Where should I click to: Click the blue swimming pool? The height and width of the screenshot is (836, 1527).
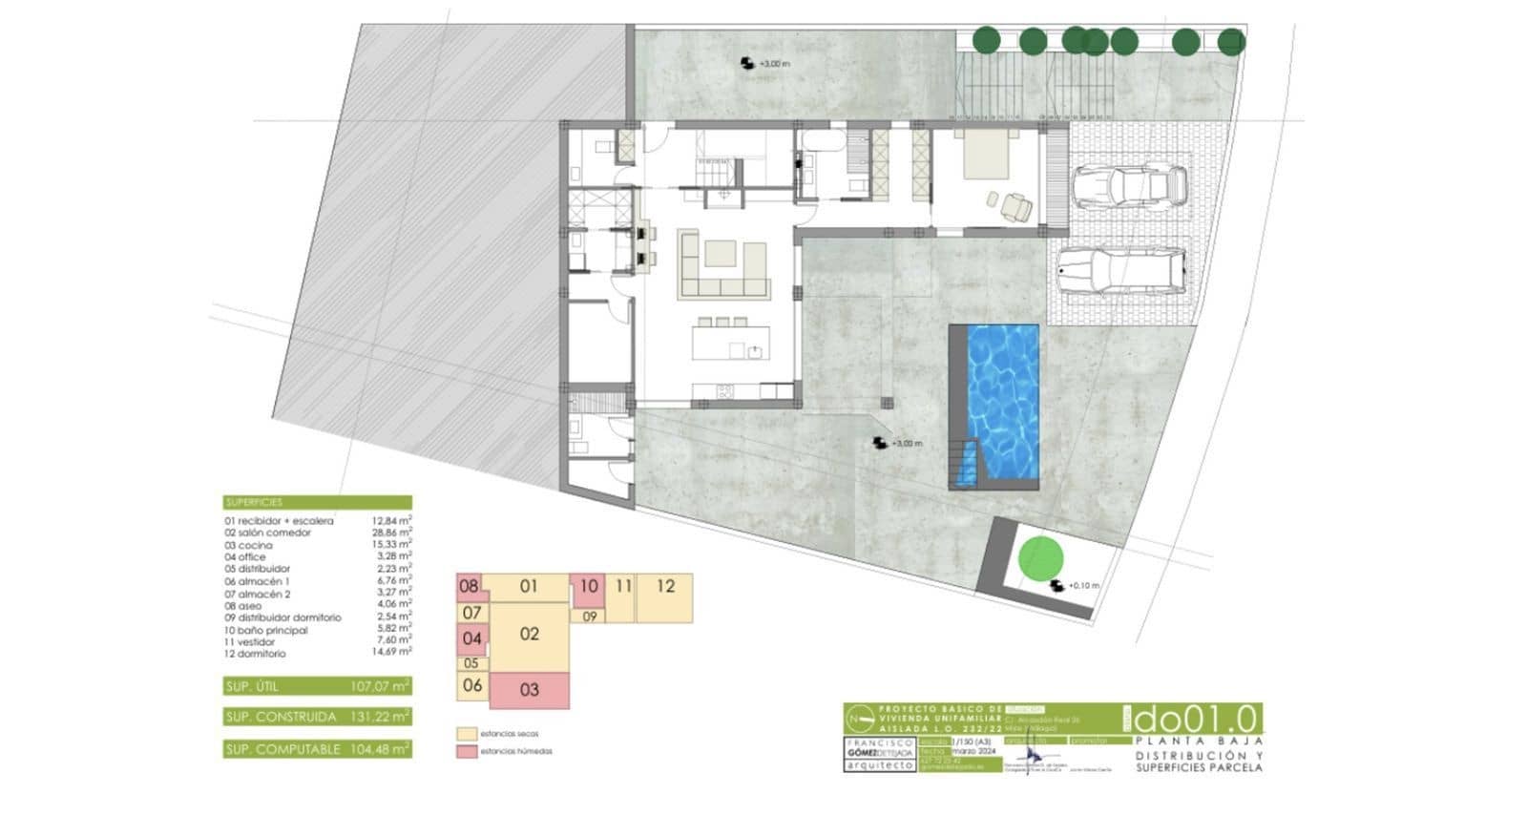click(1003, 401)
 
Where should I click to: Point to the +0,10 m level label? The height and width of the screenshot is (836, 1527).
click(1083, 586)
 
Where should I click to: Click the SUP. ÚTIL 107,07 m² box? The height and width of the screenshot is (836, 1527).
click(318, 686)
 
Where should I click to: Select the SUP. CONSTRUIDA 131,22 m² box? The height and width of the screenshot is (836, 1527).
click(318, 717)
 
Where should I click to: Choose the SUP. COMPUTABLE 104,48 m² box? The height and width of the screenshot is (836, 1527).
click(318, 749)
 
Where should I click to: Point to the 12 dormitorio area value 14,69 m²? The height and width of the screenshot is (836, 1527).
click(391, 653)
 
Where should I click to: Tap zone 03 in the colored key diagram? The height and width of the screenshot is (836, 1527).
click(530, 690)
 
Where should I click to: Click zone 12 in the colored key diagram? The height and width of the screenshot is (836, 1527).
click(665, 587)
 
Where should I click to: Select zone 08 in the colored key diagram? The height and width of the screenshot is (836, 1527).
click(469, 587)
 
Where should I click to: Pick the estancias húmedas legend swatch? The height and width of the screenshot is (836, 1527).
click(466, 752)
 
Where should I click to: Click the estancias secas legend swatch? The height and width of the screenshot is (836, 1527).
click(466, 734)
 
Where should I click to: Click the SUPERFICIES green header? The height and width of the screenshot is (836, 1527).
click(318, 502)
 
